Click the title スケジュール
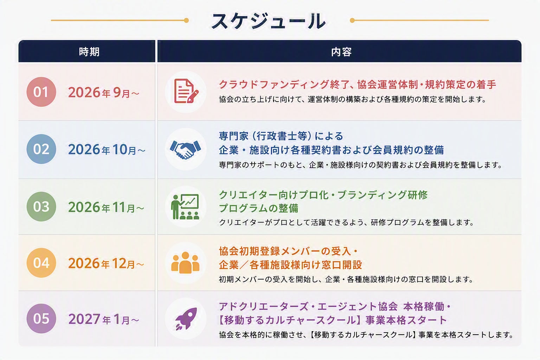click(x=269, y=21)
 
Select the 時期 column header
click(x=89, y=52)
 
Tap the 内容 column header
click(x=341, y=52)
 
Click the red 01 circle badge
click(x=41, y=92)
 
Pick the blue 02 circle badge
click(x=41, y=149)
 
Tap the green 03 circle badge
click(x=41, y=207)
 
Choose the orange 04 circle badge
click(x=41, y=263)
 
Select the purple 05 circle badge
click(x=41, y=319)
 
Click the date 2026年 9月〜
click(x=104, y=92)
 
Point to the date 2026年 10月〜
click(x=107, y=149)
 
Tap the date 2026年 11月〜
click(x=106, y=207)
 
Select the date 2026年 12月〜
click(x=106, y=263)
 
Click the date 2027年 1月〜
click(x=104, y=319)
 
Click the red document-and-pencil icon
click(x=186, y=91)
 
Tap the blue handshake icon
click(x=185, y=150)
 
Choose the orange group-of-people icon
click(x=185, y=263)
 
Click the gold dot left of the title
click(x=186, y=20)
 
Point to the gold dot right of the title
click(x=352, y=20)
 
